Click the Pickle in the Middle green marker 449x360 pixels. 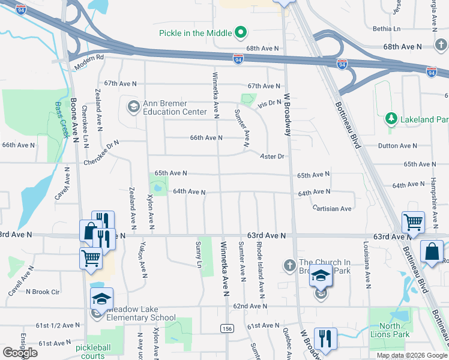pyautogui.click(x=241, y=32)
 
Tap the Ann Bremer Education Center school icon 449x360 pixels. pyautogui.click(x=133, y=107)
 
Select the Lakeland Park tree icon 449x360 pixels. pyautogui.click(x=391, y=119)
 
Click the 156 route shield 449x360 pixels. pyautogui.click(x=227, y=328)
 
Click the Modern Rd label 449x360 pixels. pyautogui.click(x=88, y=58)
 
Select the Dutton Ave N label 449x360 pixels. pyautogui.click(x=397, y=146)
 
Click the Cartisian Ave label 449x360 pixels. pyautogui.click(x=332, y=208)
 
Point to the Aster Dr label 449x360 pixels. pyautogui.click(x=271, y=157)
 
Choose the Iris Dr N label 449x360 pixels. pyautogui.click(x=269, y=103)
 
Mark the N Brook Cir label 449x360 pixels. pyautogui.click(x=43, y=292)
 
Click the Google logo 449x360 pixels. pyautogui.click(x=20, y=353)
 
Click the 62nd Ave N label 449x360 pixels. pyautogui.click(x=250, y=306)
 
